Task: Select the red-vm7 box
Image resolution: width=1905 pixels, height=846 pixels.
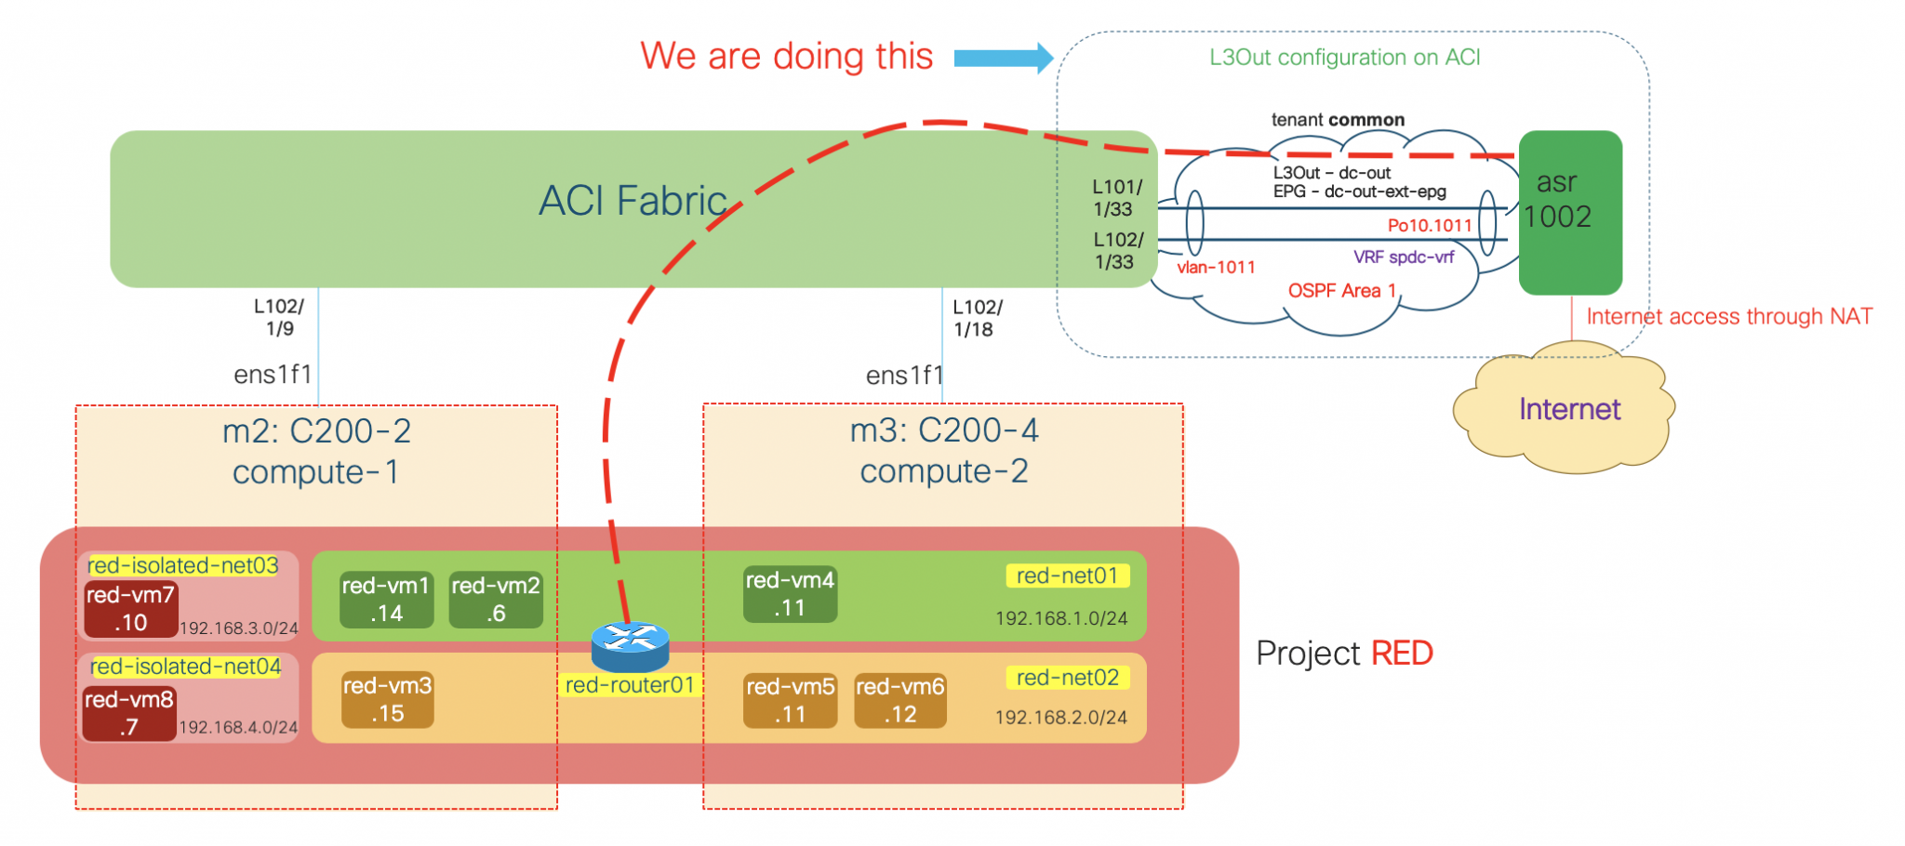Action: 130,609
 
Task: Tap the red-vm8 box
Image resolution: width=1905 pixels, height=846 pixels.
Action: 128,713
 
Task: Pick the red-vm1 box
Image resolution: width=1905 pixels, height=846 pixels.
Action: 386,600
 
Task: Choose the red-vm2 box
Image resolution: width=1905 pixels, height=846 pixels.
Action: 495,600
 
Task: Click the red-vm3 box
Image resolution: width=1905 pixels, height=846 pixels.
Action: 387,699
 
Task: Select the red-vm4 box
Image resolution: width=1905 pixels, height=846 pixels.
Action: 790,594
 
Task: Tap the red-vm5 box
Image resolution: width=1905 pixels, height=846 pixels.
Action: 790,700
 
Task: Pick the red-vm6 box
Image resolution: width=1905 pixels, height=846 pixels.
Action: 899,700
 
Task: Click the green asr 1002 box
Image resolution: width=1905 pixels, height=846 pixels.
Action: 1570,212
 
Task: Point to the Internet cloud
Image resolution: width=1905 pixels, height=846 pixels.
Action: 1567,409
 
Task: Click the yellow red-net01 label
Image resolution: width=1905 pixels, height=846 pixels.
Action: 1067,575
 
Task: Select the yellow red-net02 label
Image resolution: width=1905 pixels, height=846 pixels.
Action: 1067,678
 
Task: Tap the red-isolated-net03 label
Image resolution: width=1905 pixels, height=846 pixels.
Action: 183,565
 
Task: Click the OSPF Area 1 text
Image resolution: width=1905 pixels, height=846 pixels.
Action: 1341,291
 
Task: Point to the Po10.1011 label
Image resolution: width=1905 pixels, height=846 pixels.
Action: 1429,226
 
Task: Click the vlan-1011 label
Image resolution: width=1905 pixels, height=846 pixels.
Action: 1216,268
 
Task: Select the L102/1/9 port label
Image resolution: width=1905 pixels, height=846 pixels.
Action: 279,317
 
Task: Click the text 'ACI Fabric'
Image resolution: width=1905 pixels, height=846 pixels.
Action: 633,201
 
